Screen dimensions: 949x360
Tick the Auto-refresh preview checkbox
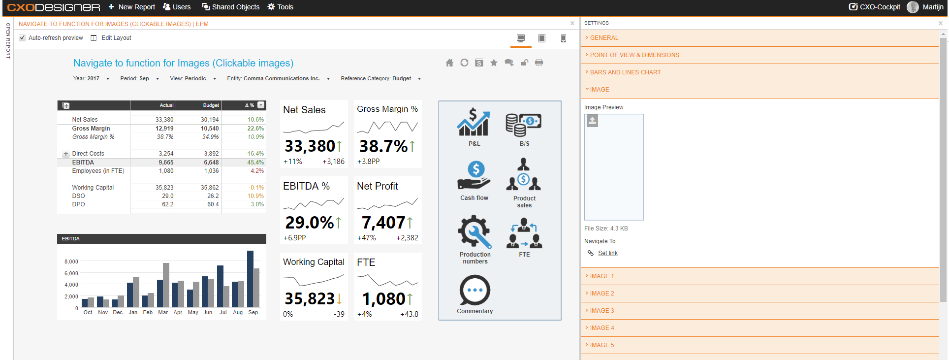pyautogui.click(x=22, y=38)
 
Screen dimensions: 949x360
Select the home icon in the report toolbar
pyautogui.click(x=449, y=63)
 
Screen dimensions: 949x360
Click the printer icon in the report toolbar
pyautogui.click(x=539, y=63)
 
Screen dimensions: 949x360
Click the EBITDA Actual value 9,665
pyautogui.click(x=166, y=163)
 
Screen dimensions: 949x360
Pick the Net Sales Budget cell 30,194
pyautogui.click(x=210, y=120)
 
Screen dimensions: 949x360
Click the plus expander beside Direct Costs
pyautogui.click(x=66, y=154)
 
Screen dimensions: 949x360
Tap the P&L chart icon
pyautogui.click(x=474, y=122)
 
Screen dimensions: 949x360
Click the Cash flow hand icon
pyautogui.click(x=474, y=175)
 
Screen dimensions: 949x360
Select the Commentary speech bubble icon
pyautogui.click(x=475, y=290)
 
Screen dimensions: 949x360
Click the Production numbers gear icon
pyautogui.click(x=474, y=231)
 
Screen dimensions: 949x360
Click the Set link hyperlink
pyautogui.click(x=608, y=253)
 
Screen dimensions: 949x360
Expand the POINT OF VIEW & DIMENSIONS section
pyautogui.click(x=634, y=55)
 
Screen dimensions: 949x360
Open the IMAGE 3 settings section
pyautogui.click(x=602, y=311)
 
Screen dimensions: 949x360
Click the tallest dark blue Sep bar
pyautogui.click(x=250, y=279)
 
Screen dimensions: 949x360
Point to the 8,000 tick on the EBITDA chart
pyautogui.click(x=71, y=262)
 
